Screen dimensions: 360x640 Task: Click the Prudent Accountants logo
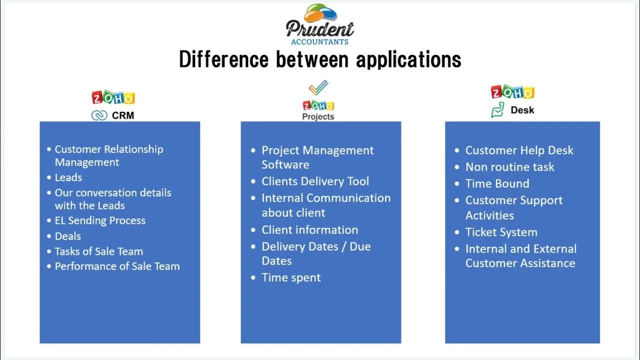click(320, 25)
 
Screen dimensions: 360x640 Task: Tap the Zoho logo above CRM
click(113, 97)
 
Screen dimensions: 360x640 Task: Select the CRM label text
click(122, 115)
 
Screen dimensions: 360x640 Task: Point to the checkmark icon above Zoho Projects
click(318, 88)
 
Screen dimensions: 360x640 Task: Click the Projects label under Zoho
click(318, 116)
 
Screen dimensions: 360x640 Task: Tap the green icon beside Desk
click(497, 110)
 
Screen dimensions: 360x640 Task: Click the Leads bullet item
click(68, 177)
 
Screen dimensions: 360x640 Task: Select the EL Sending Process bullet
click(100, 220)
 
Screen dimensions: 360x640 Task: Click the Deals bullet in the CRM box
click(67, 236)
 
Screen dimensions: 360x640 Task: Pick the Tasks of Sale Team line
click(98, 251)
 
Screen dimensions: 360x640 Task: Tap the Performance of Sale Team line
click(117, 266)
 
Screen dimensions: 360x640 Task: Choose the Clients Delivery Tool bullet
click(315, 181)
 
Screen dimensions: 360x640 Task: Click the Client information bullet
click(309, 230)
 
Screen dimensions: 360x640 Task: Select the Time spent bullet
click(291, 278)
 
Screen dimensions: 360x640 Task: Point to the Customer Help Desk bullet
click(519, 150)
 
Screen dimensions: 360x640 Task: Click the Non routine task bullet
click(509, 167)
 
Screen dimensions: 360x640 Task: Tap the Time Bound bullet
click(497, 183)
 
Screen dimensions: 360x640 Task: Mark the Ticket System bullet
click(501, 232)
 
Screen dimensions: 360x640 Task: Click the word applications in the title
click(408, 59)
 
